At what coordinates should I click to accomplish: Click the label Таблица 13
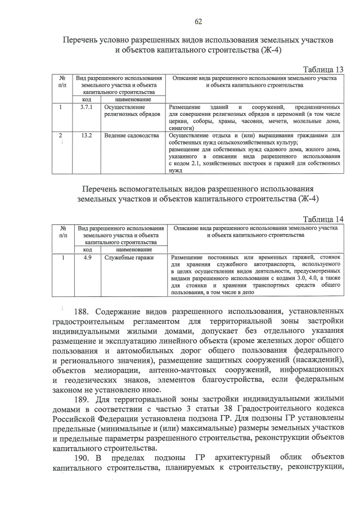323,69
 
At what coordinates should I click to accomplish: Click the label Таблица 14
323,219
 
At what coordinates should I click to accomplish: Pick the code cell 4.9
87,257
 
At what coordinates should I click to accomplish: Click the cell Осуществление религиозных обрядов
125,110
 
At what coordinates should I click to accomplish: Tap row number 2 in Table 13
61,136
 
